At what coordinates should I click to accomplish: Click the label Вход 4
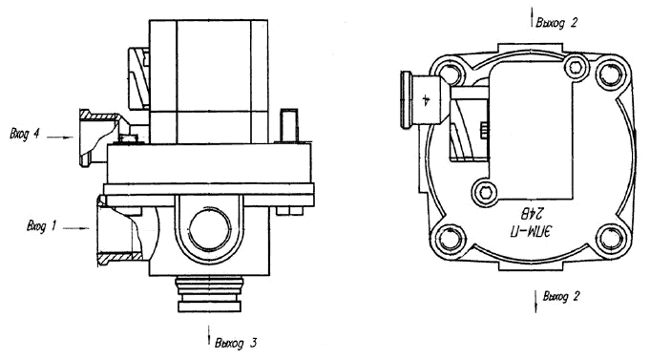(x=25, y=135)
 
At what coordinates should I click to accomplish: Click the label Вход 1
(x=41, y=226)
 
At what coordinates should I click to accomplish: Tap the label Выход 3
(x=236, y=343)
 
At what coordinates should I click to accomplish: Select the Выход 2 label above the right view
(x=556, y=22)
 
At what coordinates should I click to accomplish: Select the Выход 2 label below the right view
(x=561, y=297)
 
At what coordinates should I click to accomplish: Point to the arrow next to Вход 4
(x=60, y=137)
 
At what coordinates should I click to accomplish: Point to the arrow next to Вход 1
(x=77, y=227)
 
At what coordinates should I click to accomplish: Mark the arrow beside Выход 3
(x=208, y=335)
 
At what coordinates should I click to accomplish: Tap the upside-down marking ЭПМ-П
(x=532, y=230)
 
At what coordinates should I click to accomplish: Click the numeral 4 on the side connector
(x=426, y=100)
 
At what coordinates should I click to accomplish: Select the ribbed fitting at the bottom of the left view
(x=210, y=294)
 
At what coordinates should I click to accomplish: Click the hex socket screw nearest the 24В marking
(x=484, y=193)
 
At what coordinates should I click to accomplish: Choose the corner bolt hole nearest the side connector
(x=451, y=74)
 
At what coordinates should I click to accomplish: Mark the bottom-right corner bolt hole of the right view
(x=611, y=237)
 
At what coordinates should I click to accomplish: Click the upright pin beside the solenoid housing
(x=289, y=126)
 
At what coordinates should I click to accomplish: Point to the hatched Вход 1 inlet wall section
(x=119, y=257)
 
